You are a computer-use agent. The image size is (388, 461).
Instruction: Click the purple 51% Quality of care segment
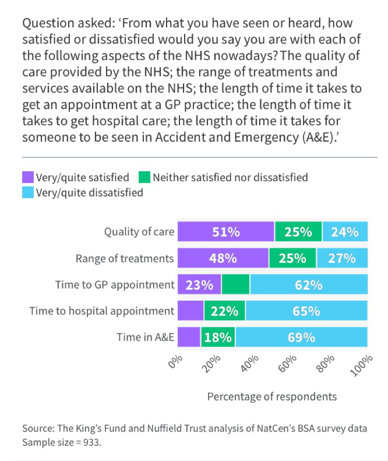point(226,232)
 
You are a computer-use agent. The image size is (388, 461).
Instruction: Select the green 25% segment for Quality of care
point(299,232)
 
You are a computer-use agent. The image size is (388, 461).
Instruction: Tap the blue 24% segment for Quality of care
point(345,232)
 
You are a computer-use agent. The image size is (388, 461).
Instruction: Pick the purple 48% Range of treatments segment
point(223,258)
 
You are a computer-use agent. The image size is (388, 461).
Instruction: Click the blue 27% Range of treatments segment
point(342,258)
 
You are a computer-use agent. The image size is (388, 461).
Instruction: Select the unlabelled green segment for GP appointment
point(236,285)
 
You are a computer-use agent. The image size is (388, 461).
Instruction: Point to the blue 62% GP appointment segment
point(309,285)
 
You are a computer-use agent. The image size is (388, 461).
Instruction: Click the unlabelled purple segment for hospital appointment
point(190,311)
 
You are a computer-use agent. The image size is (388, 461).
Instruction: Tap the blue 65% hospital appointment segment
point(307,311)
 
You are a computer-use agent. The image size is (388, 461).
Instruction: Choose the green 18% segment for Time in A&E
point(218,337)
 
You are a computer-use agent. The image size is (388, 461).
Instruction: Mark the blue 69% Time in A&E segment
point(302,337)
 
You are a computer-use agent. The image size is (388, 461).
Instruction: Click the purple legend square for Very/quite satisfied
point(28,178)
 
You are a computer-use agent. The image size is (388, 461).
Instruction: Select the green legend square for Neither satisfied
point(145,178)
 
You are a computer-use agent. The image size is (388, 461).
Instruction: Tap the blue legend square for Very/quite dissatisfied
point(28,193)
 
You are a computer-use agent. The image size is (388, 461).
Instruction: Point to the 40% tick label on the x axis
point(250,364)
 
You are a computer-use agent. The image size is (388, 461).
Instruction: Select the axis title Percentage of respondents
point(272,396)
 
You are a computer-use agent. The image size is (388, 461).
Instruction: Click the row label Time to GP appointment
point(115,285)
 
